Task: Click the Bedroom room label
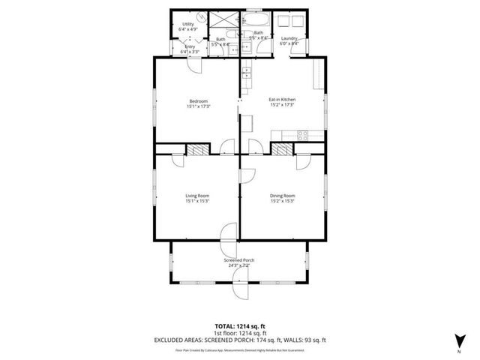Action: [198, 101]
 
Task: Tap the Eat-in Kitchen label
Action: [282, 100]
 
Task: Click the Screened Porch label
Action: [239, 259]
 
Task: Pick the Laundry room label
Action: [289, 38]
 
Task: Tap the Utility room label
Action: [188, 24]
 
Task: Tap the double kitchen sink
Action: [245, 73]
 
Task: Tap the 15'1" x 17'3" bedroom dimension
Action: [198, 106]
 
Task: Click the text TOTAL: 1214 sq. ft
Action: [240, 326]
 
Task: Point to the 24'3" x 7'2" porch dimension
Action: [239, 265]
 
